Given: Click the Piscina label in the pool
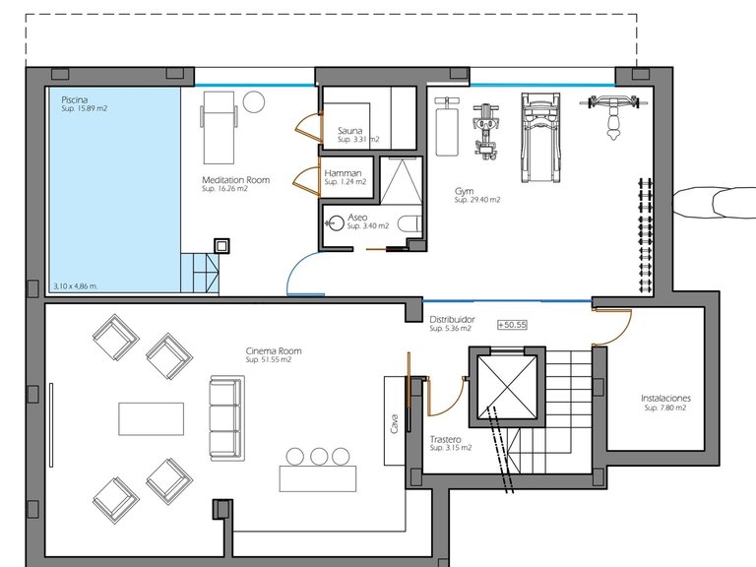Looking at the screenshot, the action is (x=74, y=99).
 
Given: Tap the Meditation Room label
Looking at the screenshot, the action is (x=236, y=180).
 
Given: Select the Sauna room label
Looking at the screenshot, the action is (x=350, y=131).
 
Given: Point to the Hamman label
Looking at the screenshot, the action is (x=343, y=173).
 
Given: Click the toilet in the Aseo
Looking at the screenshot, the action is (x=409, y=223).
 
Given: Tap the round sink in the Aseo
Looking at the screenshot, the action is (x=334, y=223).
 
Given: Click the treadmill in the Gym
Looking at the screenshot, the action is (x=540, y=138).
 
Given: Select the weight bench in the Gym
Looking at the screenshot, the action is (x=447, y=127).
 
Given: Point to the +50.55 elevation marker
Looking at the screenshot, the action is (x=512, y=325).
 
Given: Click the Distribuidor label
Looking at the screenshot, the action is (x=452, y=319).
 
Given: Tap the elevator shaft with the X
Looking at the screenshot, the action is (x=507, y=387).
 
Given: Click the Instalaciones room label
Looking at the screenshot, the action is (x=665, y=399).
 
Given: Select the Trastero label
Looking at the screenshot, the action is (x=446, y=440).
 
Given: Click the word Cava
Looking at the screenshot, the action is (x=395, y=424).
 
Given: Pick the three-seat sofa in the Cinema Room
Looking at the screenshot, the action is (x=226, y=417).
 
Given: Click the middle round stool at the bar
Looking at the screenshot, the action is (x=319, y=456).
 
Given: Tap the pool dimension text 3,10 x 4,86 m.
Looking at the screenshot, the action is (x=75, y=285).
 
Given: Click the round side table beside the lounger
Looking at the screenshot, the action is (x=254, y=101).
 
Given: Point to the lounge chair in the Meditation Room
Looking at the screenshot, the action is (x=219, y=128).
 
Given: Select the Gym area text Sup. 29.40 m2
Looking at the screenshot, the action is (x=477, y=200).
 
